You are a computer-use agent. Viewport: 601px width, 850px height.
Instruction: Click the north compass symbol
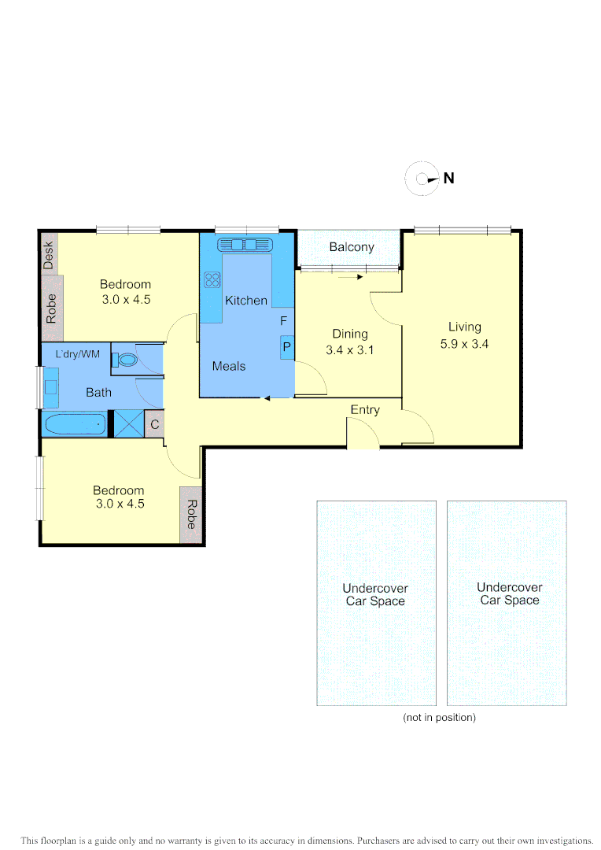tap(422, 179)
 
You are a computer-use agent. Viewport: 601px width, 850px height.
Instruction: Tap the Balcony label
tap(352, 247)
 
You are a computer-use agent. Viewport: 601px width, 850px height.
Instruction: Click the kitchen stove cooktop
tap(212, 279)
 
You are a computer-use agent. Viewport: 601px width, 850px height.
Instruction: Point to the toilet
tap(127, 360)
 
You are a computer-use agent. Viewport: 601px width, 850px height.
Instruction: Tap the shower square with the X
tap(128, 424)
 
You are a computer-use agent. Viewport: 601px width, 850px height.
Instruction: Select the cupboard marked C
tap(155, 424)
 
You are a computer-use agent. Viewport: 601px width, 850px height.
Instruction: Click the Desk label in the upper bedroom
tap(49, 255)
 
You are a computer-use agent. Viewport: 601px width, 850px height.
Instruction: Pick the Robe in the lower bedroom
tap(191, 515)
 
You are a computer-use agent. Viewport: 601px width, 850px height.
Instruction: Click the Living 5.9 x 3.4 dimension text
tap(464, 343)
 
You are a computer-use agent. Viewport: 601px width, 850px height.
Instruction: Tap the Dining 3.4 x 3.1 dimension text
tap(349, 349)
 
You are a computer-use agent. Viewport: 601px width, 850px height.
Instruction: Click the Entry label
tap(365, 410)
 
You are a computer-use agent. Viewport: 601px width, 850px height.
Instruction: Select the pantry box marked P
tap(287, 346)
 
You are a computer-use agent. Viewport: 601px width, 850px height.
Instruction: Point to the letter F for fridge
tap(284, 321)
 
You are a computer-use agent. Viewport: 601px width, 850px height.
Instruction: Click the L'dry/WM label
tap(78, 354)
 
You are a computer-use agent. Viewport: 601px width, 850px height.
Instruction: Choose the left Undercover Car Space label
tap(375, 594)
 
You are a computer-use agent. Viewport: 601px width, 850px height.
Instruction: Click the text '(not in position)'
tap(439, 718)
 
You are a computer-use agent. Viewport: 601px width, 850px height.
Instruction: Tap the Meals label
tap(229, 366)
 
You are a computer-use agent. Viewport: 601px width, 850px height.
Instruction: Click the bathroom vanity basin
tap(50, 386)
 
